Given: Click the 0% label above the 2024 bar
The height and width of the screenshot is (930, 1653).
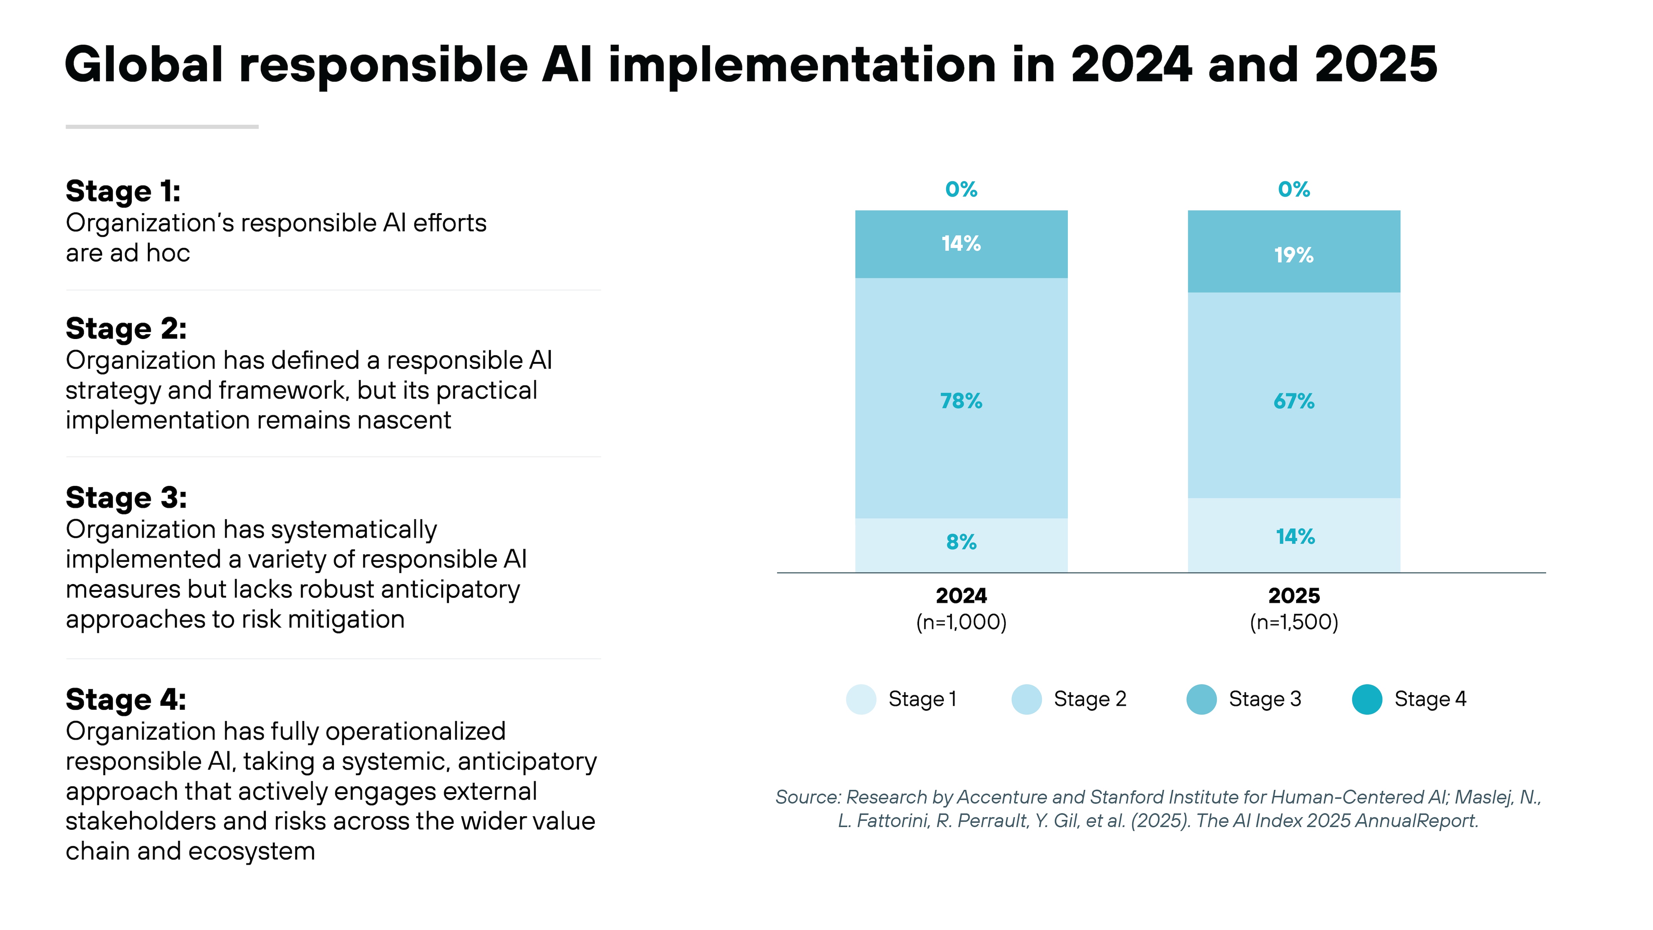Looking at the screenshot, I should (x=961, y=189).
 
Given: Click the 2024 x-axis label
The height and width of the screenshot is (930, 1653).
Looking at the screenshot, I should (x=961, y=596).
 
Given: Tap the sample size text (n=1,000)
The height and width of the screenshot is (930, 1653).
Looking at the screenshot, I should (x=961, y=622).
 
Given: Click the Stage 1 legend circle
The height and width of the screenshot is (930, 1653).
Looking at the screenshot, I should (x=861, y=699).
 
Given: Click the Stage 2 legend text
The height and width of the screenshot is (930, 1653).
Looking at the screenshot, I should (x=1090, y=699).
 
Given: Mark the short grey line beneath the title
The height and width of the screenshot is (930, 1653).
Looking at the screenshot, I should (x=162, y=126).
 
